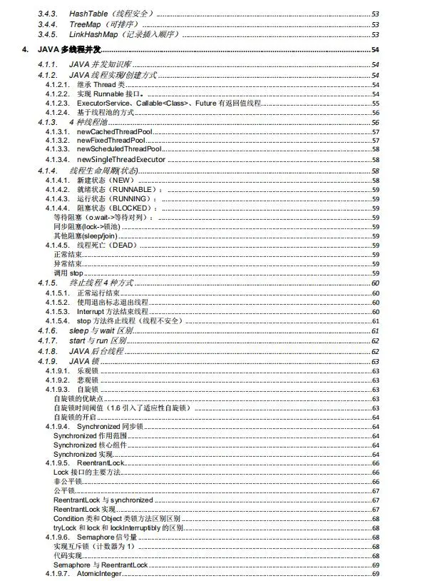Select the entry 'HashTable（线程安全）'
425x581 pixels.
point(110,14)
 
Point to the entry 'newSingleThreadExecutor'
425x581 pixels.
point(121,159)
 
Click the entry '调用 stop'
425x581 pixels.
point(68,273)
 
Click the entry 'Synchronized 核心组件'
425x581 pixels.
point(83,445)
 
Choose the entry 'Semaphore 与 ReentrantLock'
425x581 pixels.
point(101,565)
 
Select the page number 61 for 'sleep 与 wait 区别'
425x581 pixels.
point(374,331)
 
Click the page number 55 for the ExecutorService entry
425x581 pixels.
point(375,103)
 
